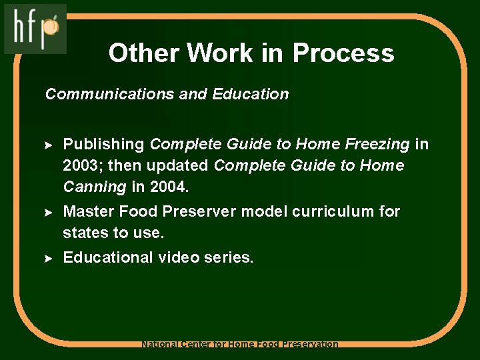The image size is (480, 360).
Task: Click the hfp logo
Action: pyautogui.click(x=35, y=29)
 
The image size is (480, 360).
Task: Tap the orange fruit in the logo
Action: pyautogui.click(x=53, y=27)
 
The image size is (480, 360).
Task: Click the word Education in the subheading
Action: pyautogui.click(x=250, y=94)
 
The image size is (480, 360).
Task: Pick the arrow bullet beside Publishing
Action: pyautogui.click(x=48, y=145)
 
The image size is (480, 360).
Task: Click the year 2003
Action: pyautogui.click(x=81, y=165)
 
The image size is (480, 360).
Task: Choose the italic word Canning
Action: pyautogui.click(x=94, y=187)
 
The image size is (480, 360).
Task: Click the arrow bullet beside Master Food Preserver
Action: pyautogui.click(x=48, y=212)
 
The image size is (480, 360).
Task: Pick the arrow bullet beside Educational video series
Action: pyautogui.click(x=48, y=258)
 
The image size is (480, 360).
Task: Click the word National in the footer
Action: pyautogui.click(x=161, y=345)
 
